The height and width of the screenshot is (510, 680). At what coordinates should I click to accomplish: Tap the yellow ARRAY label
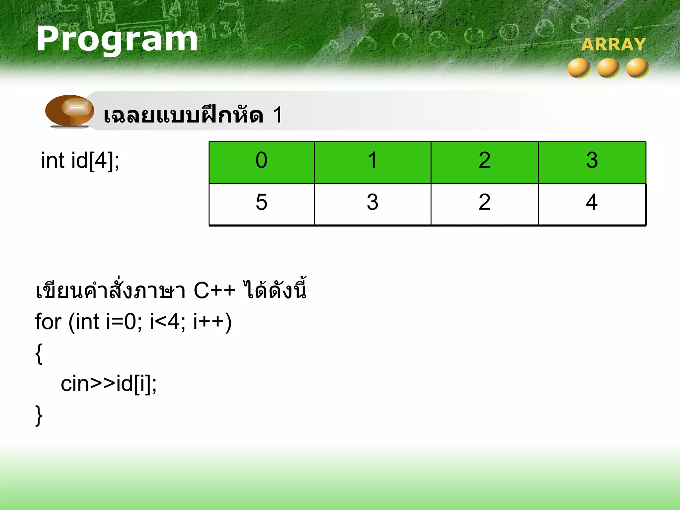(x=613, y=44)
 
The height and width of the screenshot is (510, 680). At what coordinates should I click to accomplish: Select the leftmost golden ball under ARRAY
(x=579, y=68)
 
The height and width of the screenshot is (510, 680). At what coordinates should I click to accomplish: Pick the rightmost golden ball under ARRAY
(x=637, y=68)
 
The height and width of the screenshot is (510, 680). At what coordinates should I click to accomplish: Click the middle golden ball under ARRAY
(x=608, y=68)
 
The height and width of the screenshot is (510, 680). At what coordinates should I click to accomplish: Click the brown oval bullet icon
(x=70, y=111)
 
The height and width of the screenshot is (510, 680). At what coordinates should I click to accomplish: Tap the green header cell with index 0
(x=261, y=162)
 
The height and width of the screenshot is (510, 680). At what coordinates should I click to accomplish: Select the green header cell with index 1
(x=372, y=162)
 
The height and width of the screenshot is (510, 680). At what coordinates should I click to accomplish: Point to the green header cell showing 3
(x=592, y=162)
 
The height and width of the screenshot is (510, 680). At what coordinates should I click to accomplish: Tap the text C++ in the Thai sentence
(x=214, y=291)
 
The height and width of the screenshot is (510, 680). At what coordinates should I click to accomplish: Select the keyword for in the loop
(x=48, y=322)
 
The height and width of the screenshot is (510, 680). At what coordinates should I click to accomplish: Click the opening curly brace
(x=39, y=354)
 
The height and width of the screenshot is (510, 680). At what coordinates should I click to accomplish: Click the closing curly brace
(x=39, y=415)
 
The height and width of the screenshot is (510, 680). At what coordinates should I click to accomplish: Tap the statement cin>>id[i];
(x=108, y=384)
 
